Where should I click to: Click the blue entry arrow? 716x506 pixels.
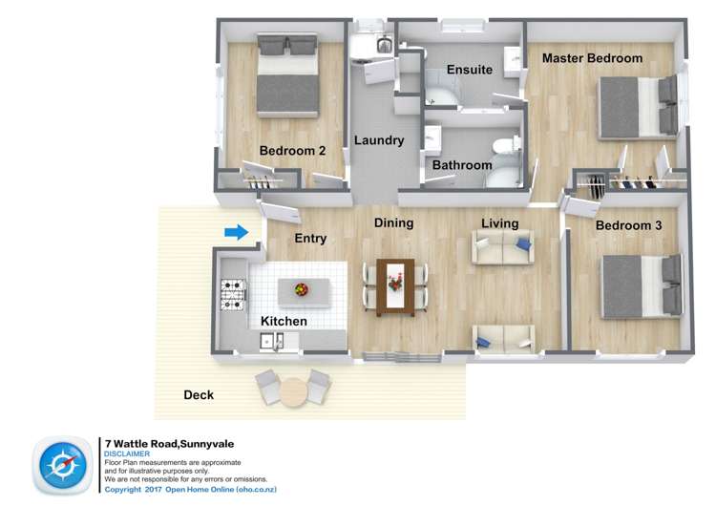pos(236,232)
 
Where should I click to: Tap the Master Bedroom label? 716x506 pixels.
pos(592,58)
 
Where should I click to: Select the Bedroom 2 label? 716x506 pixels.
pos(293,150)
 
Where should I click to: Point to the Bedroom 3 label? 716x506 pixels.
pos(628,226)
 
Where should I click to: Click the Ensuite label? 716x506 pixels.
pos(470,70)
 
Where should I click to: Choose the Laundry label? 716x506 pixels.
pos(379,140)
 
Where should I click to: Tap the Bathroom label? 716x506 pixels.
pos(462,165)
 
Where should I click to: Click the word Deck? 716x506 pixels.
pos(199,394)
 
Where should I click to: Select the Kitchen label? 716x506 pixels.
pos(284,321)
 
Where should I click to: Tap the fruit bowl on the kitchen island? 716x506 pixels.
pos(302,288)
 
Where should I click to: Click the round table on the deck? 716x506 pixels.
pos(294,390)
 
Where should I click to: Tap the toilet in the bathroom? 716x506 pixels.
pos(503,148)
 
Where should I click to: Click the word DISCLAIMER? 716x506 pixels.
pos(126,454)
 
